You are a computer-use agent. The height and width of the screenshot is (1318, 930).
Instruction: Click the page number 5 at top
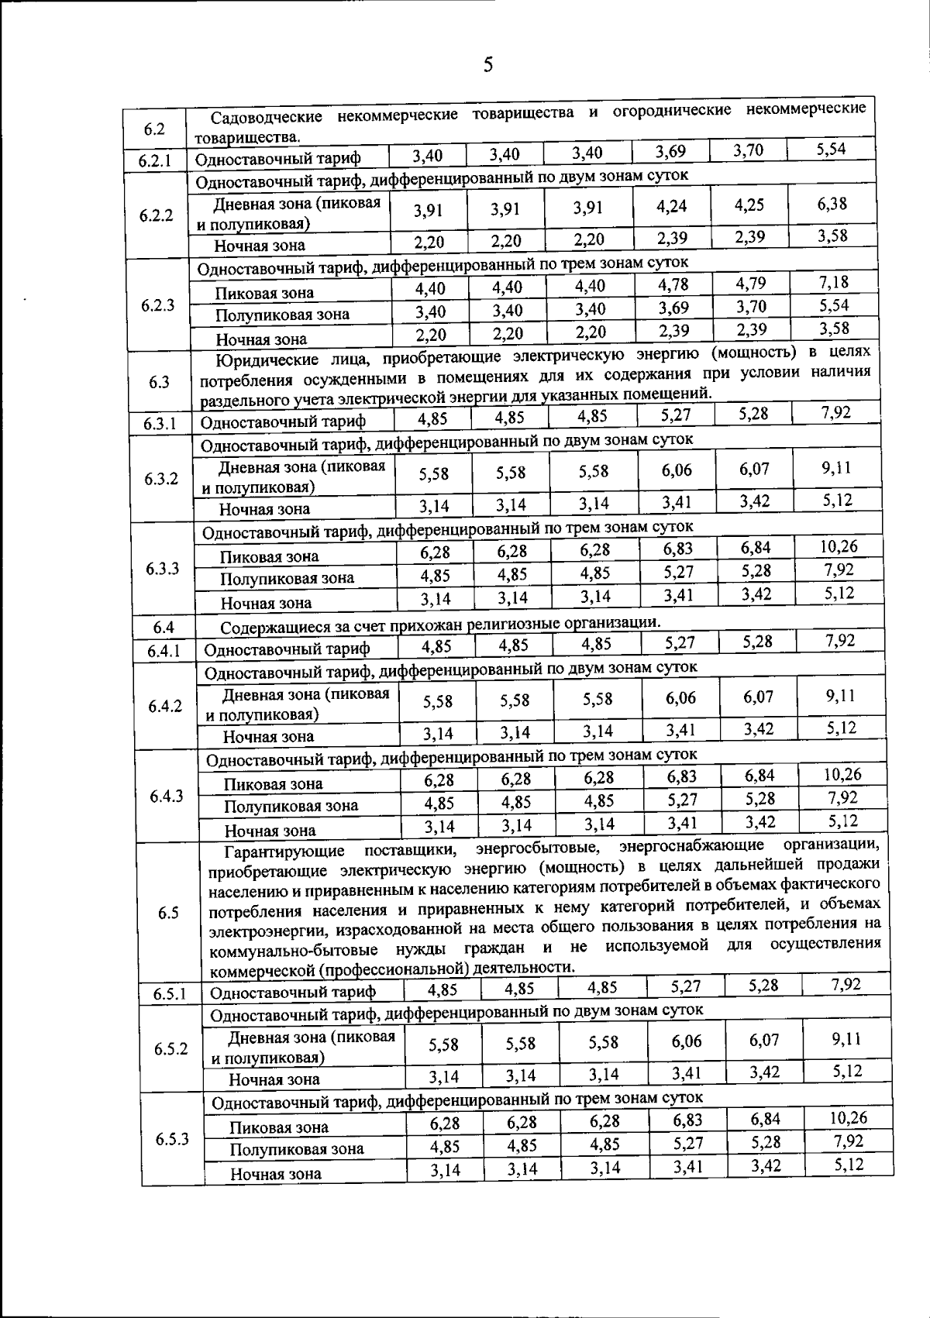point(487,65)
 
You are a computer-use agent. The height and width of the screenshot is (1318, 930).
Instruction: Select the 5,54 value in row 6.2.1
point(831,150)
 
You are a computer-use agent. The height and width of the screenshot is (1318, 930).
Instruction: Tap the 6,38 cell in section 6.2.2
point(832,203)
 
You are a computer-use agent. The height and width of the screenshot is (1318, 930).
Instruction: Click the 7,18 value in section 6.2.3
point(834,281)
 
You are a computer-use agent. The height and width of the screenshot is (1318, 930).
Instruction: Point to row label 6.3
point(159,381)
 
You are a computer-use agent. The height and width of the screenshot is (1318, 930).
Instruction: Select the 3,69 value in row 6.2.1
point(670,151)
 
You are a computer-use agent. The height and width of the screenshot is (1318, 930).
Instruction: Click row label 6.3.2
point(161,478)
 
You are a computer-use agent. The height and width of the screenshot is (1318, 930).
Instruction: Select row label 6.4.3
point(166,796)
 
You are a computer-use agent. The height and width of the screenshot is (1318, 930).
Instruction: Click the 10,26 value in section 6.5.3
point(847,1117)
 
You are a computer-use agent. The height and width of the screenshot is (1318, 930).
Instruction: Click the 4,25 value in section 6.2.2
point(749,205)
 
